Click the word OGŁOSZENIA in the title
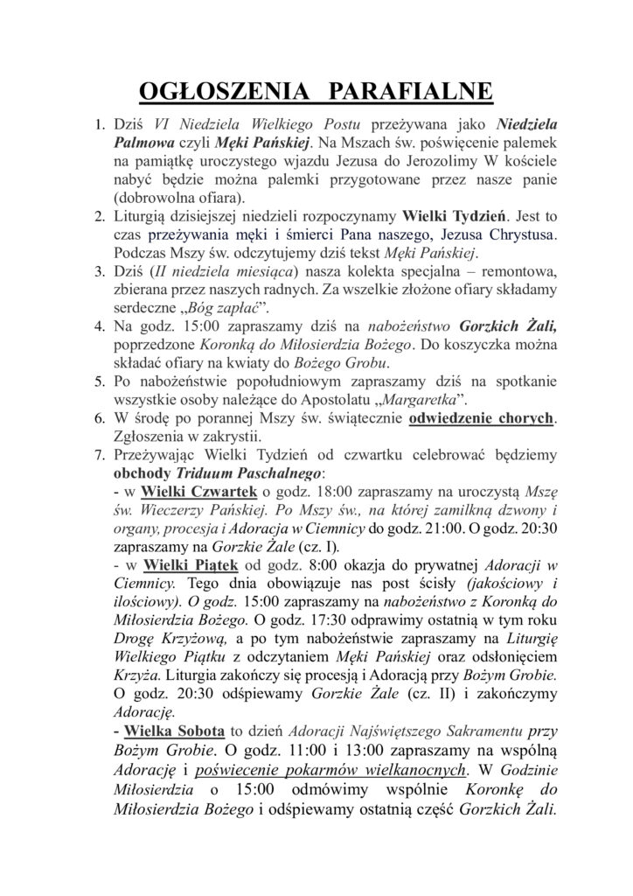(209, 92)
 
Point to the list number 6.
(100, 417)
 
